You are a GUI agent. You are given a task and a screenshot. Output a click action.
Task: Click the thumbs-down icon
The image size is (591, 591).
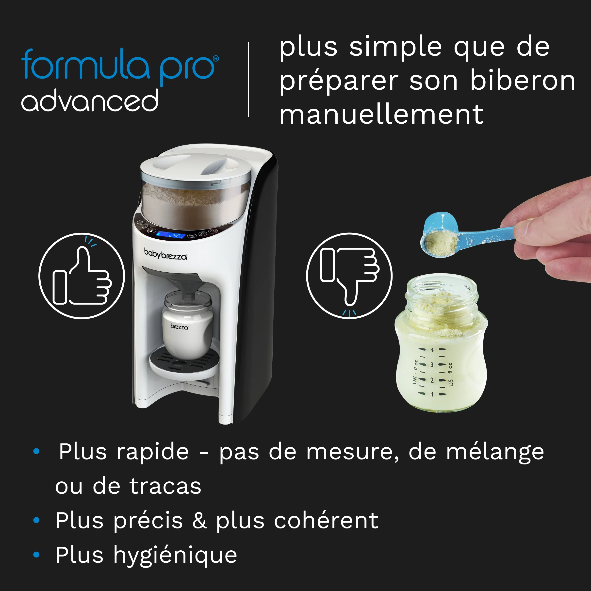(349, 275)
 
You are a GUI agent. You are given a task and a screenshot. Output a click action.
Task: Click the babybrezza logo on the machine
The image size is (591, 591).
(165, 254)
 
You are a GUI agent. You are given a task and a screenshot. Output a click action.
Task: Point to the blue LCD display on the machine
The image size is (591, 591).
(171, 235)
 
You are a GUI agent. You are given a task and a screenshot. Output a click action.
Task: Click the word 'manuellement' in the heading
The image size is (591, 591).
(381, 115)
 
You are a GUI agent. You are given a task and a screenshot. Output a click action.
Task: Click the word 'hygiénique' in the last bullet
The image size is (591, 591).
(175, 555)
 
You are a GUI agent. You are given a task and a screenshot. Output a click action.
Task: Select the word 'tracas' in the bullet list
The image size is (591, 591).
(165, 486)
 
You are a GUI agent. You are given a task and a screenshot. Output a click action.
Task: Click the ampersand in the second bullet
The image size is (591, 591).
(199, 521)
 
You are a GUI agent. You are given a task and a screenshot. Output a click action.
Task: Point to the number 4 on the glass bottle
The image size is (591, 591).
(432, 350)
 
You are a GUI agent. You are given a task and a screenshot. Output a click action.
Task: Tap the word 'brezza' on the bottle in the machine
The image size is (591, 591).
(179, 327)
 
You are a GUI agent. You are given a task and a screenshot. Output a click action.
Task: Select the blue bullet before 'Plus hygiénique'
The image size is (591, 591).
(36, 554)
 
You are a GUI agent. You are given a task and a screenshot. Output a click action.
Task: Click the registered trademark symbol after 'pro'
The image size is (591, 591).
(216, 58)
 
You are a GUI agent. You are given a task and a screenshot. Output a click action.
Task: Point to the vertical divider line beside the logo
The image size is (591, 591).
(248, 80)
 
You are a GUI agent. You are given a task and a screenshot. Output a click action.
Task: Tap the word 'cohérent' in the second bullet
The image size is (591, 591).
(326, 521)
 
